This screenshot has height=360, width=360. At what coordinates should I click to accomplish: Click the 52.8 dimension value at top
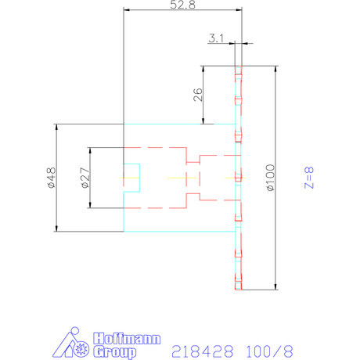(182, 5)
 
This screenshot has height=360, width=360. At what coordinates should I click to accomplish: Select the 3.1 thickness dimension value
(217, 37)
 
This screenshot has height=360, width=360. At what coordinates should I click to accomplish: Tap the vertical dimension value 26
(197, 95)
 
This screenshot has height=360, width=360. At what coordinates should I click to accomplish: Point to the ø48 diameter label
(50, 178)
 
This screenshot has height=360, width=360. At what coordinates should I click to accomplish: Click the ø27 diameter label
(84, 178)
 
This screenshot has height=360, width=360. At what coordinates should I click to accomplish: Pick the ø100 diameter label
(269, 178)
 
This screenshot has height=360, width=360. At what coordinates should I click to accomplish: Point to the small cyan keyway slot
(131, 178)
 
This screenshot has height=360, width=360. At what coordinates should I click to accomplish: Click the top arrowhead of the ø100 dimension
(275, 67)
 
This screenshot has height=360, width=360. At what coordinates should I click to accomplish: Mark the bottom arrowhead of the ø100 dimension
(275, 286)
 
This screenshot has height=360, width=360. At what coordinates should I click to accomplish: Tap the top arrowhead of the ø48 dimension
(56, 127)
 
